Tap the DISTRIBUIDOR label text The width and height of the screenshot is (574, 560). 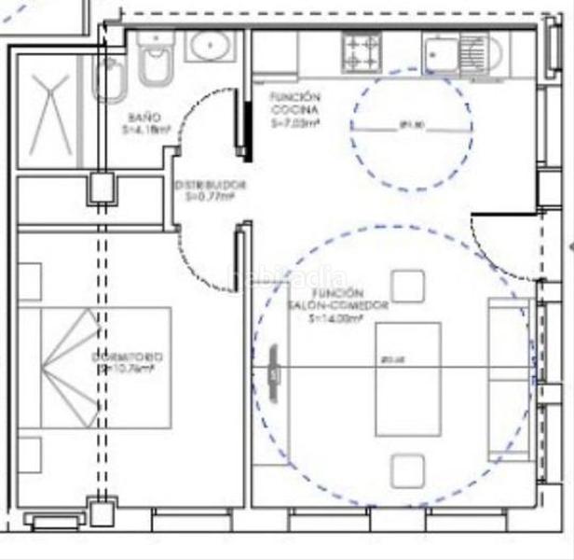click(210, 184)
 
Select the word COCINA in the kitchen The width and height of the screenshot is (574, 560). click(295, 109)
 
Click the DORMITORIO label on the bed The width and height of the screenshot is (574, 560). click(127, 357)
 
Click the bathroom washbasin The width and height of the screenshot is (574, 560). click(210, 45)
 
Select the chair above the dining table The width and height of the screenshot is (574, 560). click(408, 286)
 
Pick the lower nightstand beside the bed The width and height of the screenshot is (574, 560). click(30, 455)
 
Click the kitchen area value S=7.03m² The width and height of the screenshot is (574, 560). click(295, 121)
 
